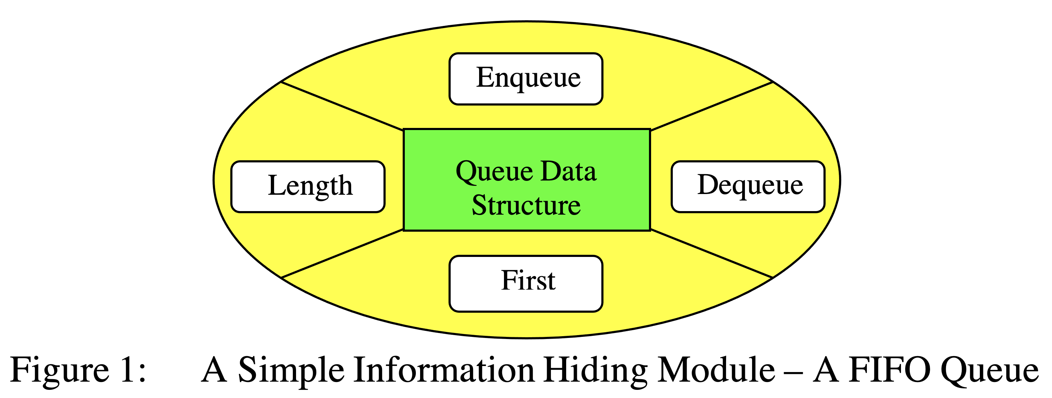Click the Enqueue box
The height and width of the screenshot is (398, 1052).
(x=526, y=79)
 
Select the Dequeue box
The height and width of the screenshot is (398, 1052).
(x=748, y=187)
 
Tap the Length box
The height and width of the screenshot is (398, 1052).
(x=308, y=187)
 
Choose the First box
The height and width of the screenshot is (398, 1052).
(x=526, y=284)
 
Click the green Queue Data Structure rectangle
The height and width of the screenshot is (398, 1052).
(x=527, y=143)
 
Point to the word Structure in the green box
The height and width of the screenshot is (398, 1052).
(x=526, y=205)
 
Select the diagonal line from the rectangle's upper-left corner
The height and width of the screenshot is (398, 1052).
(x=342, y=106)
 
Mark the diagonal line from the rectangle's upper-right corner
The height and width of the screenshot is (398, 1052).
(x=712, y=106)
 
